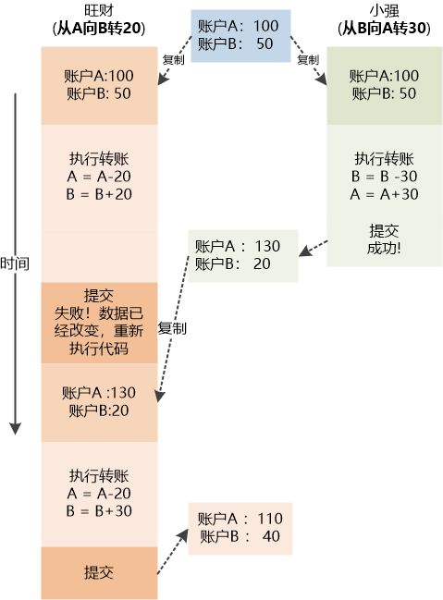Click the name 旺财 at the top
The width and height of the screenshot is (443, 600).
pyautogui.click(x=98, y=10)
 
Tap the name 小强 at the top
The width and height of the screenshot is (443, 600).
pyautogui.click(x=380, y=10)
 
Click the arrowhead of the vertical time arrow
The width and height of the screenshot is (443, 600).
pyautogui.click(x=15, y=428)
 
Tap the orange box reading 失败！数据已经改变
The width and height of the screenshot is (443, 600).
pyautogui.click(x=99, y=323)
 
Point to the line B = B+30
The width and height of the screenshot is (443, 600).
pyautogui.click(x=99, y=509)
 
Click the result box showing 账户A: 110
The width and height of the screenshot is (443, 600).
pyautogui.click(x=240, y=528)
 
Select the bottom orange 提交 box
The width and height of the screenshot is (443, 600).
pyautogui.click(x=99, y=573)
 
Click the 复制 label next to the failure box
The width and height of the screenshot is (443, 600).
pyautogui.click(x=172, y=328)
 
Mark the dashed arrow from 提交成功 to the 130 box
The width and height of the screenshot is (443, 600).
pyautogui.click(x=314, y=247)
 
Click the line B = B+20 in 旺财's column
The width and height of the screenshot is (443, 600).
pyautogui.click(x=99, y=194)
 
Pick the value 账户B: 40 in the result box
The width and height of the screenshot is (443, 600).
pyautogui.click(x=240, y=536)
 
